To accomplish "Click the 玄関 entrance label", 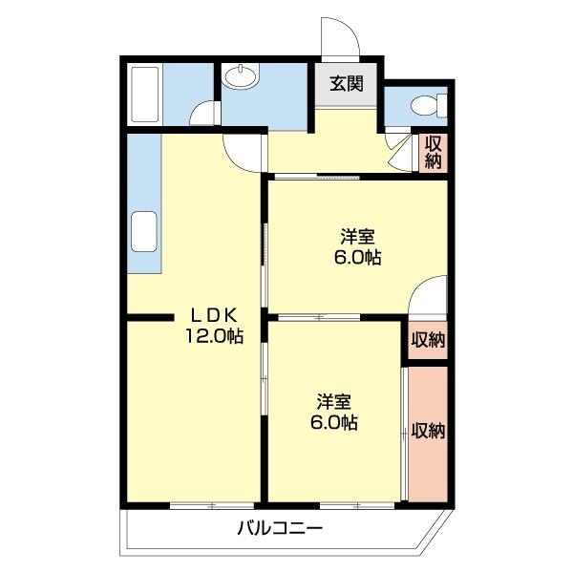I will [x=348, y=83].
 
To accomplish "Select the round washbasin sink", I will [x=244, y=77].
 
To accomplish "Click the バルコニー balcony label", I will [x=280, y=527].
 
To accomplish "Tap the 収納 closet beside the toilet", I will [x=434, y=151].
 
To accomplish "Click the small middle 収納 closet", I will [x=428, y=340].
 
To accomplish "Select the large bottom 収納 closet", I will [x=428, y=430].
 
